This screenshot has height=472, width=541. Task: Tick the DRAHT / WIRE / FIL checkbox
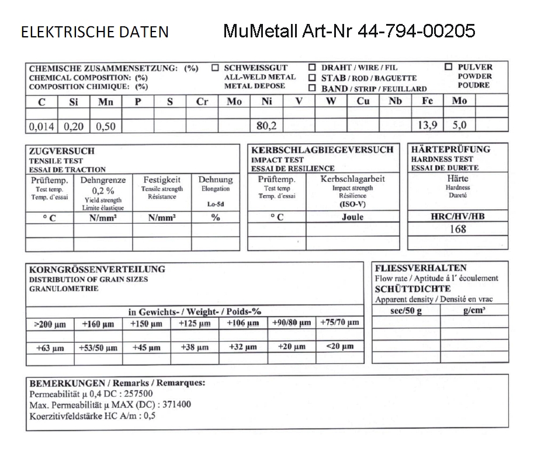click(x=312, y=67)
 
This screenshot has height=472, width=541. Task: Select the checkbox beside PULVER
click(x=449, y=67)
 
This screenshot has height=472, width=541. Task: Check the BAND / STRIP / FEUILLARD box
click(x=312, y=88)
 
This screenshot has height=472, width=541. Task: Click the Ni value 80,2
click(x=266, y=125)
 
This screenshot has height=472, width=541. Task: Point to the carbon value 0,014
click(x=42, y=126)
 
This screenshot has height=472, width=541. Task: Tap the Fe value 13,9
click(x=428, y=125)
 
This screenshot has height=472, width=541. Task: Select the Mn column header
click(x=106, y=101)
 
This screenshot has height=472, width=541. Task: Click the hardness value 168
click(x=457, y=229)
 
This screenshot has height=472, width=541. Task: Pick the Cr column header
click(x=202, y=101)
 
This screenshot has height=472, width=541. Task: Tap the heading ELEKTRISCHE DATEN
click(x=95, y=32)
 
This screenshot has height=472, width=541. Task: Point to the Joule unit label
click(x=352, y=217)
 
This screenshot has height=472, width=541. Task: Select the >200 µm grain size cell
click(x=50, y=324)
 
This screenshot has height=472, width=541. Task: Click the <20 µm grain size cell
click(x=340, y=346)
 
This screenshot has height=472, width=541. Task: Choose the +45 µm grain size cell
click(x=146, y=348)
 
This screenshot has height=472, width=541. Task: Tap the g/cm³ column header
click(x=474, y=311)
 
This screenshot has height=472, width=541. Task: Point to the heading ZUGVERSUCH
click(x=62, y=151)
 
